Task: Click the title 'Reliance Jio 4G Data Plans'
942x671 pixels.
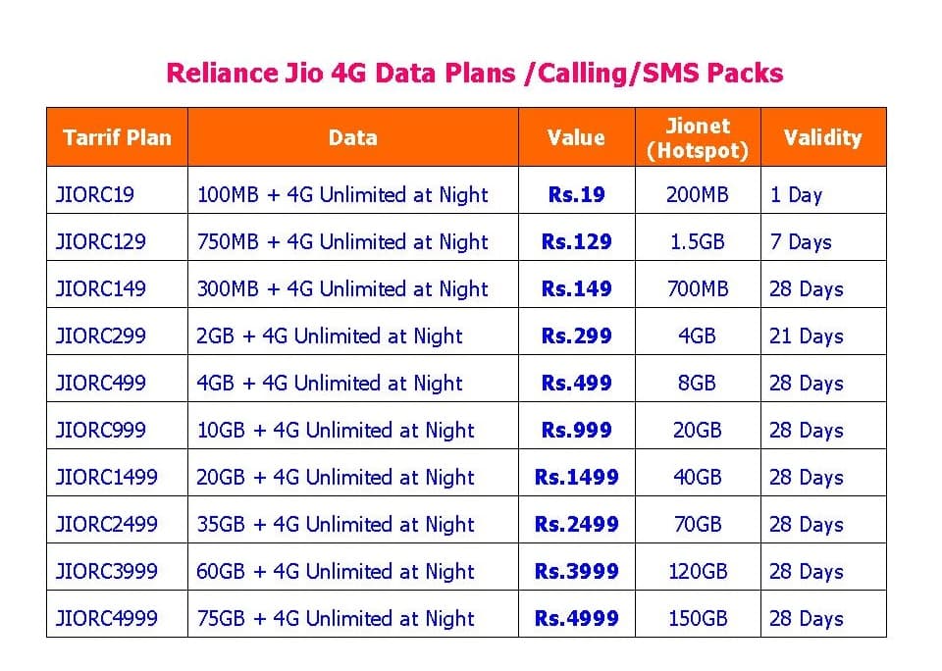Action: (474, 74)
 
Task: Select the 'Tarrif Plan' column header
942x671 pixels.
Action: (117, 137)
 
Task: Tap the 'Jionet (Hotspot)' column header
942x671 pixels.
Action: (698, 137)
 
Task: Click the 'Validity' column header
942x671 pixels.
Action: (822, 137)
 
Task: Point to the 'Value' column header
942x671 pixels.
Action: (576, 137)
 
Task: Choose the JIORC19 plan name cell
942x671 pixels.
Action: (95, 194)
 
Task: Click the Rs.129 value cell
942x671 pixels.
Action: (576, 241)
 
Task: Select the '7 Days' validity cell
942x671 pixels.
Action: (800, 241)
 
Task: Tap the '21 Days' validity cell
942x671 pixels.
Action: (806, 335)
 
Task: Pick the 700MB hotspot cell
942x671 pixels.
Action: (698, 288)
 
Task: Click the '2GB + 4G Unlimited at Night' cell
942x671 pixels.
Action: (330, 335)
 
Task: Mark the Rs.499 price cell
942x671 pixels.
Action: (576, 383)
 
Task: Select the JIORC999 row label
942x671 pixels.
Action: (101, 430)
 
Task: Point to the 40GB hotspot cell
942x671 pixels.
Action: (698, 477)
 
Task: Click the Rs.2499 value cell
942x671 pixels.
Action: (576, 524)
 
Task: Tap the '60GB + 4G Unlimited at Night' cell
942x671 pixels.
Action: (336, 571)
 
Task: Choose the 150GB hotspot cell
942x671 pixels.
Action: (698, 618)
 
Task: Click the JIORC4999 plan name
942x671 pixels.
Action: (107, 618)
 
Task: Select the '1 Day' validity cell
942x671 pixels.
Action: (796, 194)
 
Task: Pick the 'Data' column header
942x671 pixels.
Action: (352, 137)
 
